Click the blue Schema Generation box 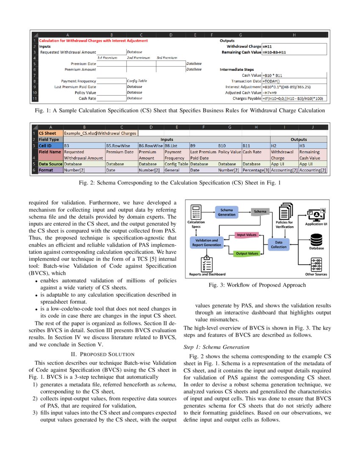[x=226, y=212]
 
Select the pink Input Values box [x=246, y=235]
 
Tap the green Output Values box [x=247, y=253]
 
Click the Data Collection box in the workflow [x=279, y=244]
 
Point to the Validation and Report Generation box [x=206, y=242]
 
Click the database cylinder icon [x=316, y=239]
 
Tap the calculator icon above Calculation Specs [x=196, y=212]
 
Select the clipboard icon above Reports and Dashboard [x=207, y=264]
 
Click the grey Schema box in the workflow [x=260, y=211]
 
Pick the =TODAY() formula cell [x=294, y=81]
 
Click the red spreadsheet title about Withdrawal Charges [x=93, y=41]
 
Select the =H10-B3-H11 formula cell [x=294, y=52]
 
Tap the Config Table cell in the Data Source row [x=177, y=164]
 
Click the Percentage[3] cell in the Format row [x=256, y=170]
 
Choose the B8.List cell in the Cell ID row [x=177, y=146]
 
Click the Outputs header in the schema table [x=299, y=139]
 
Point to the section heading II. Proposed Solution [x=102, y=354]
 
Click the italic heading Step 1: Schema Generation [x=216, y=347]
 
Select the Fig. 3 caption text [x=257, y=285]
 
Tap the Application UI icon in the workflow [x=316, y=214]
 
